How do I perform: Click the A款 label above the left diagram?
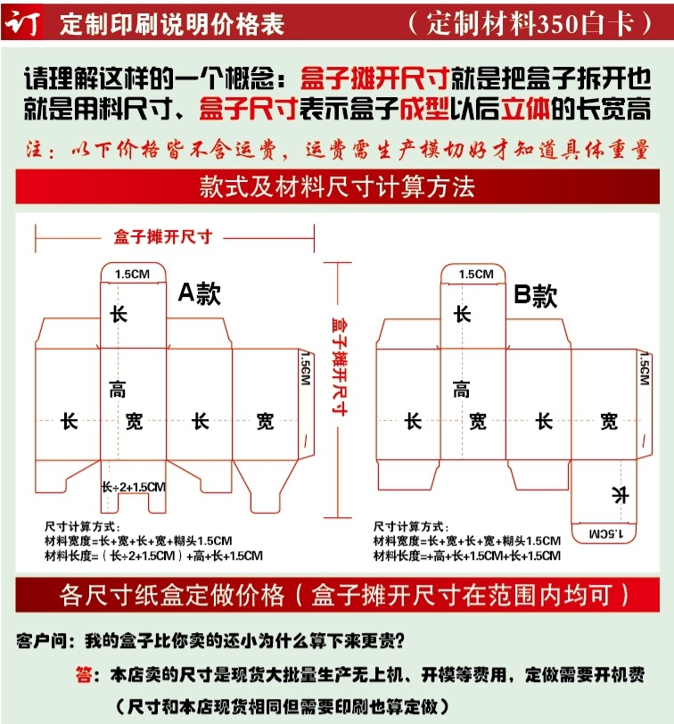[x=198, y=292]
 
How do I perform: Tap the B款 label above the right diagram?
[x=536, y=295]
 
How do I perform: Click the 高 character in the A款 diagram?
[x=118, y=389]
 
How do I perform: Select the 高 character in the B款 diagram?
[x=461, y=389]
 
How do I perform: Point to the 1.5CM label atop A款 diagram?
[x=133, y=274]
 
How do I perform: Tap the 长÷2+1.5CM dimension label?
[x=133, y=487]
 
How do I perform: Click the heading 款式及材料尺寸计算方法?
[x=337, y=188]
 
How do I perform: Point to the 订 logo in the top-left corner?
[x=22, y=22]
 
